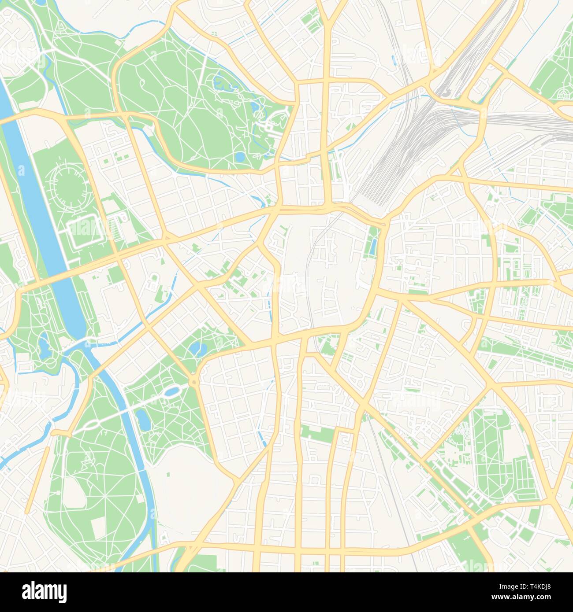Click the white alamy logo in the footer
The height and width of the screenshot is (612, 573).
point(44,592)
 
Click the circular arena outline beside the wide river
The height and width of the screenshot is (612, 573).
point(68,185)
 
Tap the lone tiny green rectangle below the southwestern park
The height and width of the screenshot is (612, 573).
point(168,475)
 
